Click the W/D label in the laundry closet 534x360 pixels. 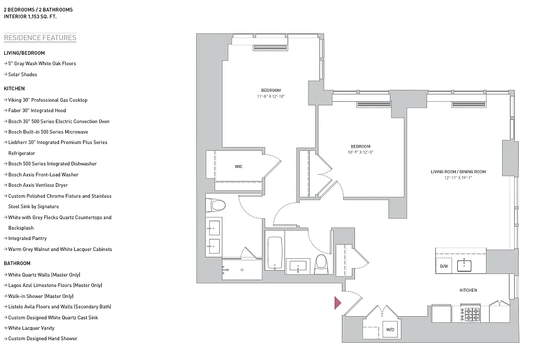point(389,330)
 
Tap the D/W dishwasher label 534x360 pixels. point(444,266)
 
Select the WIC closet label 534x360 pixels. point(239,166)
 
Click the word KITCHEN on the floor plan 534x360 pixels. point(468,290)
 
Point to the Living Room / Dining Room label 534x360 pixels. point(458,172)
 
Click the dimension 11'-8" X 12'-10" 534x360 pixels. point(271,97)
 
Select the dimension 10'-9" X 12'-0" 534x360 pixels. point(360,152)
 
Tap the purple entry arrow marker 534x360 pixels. point(337,302)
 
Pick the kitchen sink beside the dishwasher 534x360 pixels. point(465,266)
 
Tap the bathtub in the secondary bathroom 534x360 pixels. point(275,253)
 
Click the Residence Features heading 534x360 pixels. point(40,38)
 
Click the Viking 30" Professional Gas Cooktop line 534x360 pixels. point(48,100)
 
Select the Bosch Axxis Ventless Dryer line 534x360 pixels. point(38,185)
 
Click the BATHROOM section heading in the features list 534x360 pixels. point(17,263)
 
